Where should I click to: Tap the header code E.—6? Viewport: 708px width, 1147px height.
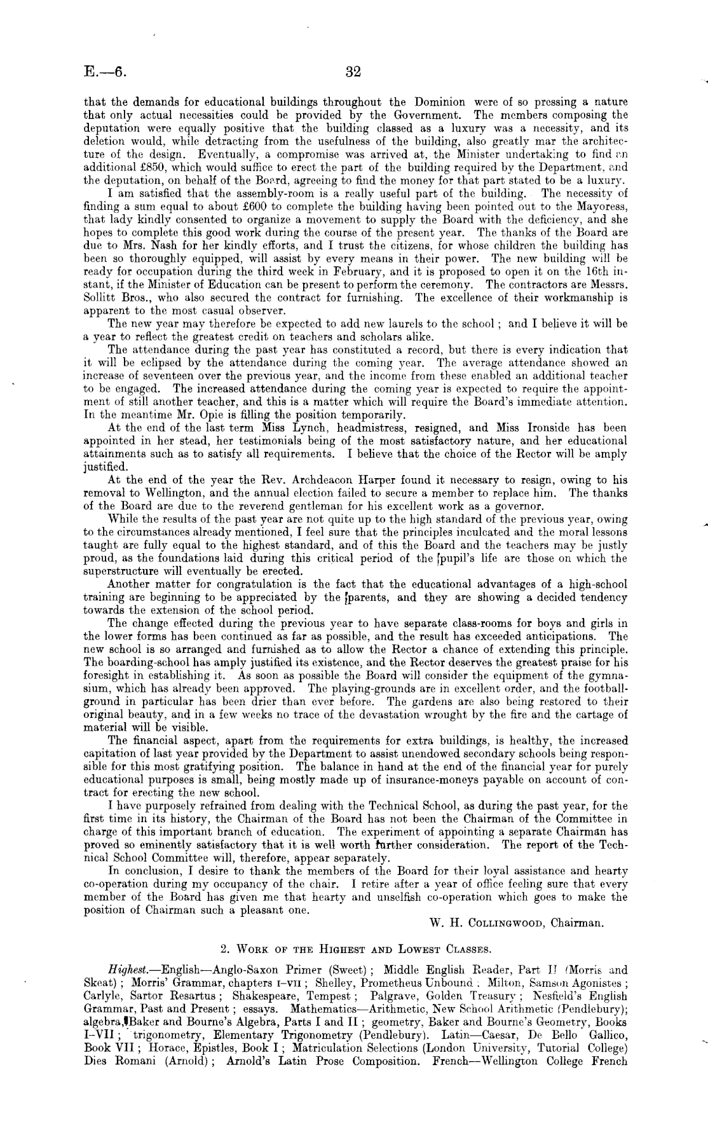105,72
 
